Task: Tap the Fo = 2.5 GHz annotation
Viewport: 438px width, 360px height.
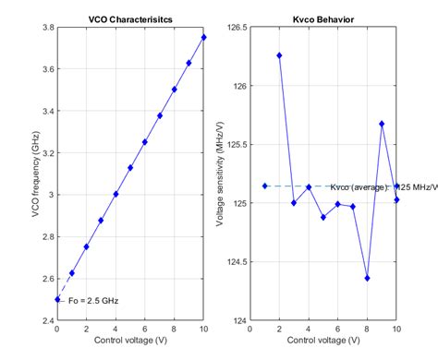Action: pos(95,300)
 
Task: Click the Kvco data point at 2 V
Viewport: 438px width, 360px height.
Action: pos(279,55)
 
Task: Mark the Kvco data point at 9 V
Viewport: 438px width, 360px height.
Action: pos(382,124)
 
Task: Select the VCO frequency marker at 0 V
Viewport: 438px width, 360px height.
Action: pos(57,299)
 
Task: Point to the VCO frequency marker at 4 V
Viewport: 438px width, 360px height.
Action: pos(116,194)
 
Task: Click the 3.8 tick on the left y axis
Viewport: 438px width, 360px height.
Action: pos(45,27)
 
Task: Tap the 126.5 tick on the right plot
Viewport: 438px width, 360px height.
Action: pos(237,27)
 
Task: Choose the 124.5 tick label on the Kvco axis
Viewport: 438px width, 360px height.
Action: pos(237,262)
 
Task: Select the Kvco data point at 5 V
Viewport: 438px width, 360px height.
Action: pos(323,217)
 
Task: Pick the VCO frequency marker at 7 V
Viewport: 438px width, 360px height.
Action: pos(160,115)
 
